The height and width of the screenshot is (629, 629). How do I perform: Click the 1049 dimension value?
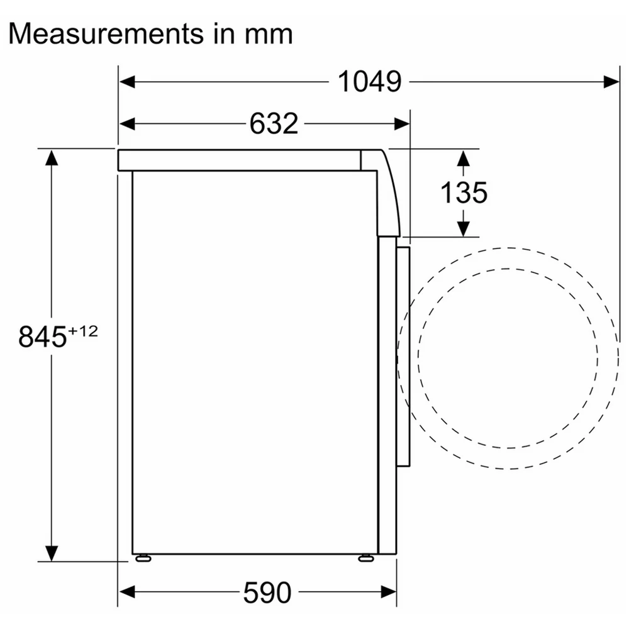(369, 81)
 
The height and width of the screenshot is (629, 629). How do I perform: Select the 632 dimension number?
(274, 123)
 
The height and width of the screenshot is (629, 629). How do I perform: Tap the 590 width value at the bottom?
(267, 592)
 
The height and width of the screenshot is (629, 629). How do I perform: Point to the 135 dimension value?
(464, 192)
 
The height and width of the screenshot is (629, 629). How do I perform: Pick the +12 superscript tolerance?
(83, 331)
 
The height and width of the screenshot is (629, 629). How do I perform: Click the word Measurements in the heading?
(106, 34)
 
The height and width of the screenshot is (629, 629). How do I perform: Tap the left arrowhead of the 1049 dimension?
(127, 82)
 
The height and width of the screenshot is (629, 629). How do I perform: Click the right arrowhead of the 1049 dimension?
(611, 82)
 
